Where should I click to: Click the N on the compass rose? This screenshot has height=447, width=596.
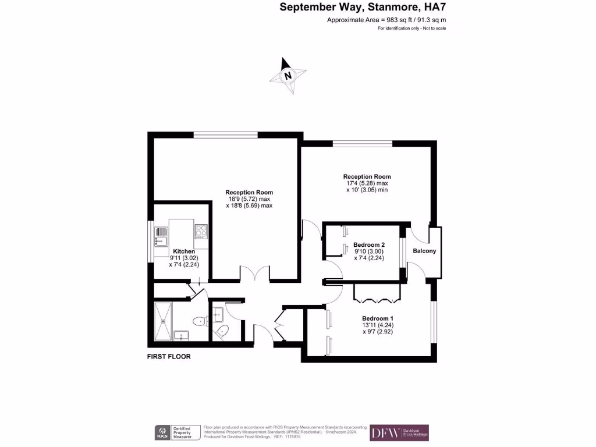(288, 76)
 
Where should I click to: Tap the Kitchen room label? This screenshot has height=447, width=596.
(182, 251)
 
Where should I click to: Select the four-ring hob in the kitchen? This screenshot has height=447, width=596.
(201, 231)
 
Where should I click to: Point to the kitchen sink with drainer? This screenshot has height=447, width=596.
(161, 238)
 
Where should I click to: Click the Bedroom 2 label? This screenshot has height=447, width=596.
(369, 245)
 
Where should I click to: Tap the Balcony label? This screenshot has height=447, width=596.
(424, 251)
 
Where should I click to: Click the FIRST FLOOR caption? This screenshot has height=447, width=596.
(169, 357)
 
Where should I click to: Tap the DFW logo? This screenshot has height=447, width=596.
(386, 432)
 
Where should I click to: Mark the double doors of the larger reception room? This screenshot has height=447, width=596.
(255, 273)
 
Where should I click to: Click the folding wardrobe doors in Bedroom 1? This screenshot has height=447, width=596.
(377, 299)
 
